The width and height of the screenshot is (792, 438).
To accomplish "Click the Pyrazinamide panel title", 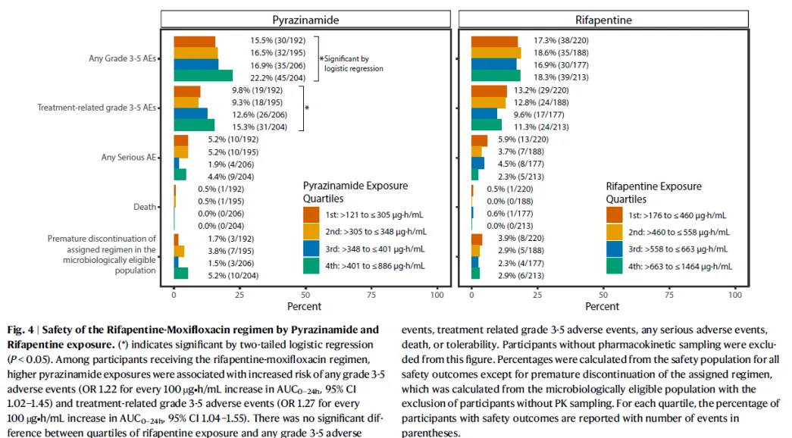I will [306, 20].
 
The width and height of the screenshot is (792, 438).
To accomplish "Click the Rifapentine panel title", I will [603, 20].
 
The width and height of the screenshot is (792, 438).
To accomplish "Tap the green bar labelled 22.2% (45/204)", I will [203, 75].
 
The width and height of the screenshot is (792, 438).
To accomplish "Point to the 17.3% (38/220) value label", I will [561, 41].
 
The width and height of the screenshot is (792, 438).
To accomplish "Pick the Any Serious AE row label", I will [129, 158].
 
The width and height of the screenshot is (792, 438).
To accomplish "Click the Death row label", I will [146, 206].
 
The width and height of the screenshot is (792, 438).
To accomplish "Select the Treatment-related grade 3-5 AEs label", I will [97, 108].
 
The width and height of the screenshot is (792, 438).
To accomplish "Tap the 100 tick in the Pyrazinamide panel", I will [437, 294].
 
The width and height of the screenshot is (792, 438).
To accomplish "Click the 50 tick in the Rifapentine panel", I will [603, 294].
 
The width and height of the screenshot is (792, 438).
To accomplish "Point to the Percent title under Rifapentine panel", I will [602, 307].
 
